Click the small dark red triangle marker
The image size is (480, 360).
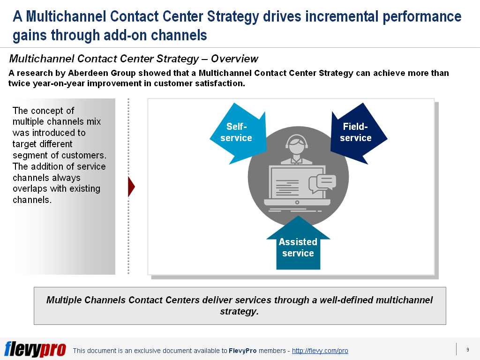(131, 187)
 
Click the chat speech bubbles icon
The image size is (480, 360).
(323, 183)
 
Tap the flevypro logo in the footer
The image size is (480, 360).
(35, 350)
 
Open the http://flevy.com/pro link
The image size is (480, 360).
(320, 351)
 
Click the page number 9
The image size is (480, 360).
(467, 350)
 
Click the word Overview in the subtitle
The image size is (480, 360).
(234, 59)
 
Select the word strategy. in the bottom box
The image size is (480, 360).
(239, 311)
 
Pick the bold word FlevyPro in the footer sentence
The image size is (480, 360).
(242, 351)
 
